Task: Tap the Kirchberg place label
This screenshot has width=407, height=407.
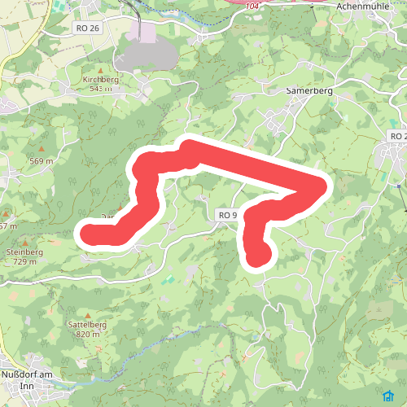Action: (x=100, y=80)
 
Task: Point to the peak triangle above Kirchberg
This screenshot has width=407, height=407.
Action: (x=101, y=71)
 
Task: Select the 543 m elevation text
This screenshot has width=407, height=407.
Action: (x=100, y=88)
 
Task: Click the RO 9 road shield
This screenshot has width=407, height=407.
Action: (x=227, y=215)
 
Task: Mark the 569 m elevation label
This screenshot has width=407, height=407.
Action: (x=41, y=160)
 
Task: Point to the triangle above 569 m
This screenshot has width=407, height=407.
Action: (x=40, y=151)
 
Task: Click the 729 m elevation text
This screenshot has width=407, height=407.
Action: (x=24, y=261)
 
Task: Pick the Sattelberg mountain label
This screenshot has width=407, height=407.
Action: (x=91, y=324)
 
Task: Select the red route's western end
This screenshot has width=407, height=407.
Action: (x=88, y=234)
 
